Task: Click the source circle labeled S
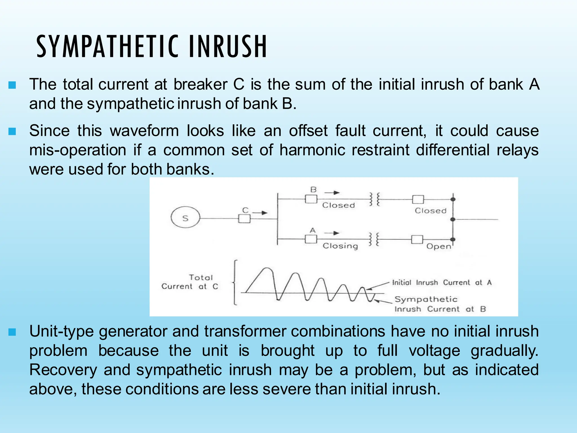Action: click(x=185, y=218)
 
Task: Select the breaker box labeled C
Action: click(x=244, y=219)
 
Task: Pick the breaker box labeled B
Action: click(x=311, y=199)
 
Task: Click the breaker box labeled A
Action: click(x=311, y=239)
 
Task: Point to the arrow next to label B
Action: click(x=332, y=193)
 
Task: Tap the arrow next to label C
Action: click(x=260, y=213)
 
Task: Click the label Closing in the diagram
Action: click(x=340, y=246)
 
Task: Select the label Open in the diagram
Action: click(x=438, y=247)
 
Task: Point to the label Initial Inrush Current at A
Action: click(x=442, y=282)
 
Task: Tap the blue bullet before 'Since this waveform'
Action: click(x=12, y=131)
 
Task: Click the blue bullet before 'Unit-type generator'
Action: click(x=12, y=332)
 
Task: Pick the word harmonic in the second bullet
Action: click(x=312, y=150)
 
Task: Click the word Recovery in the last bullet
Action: click(x=63, y=370)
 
